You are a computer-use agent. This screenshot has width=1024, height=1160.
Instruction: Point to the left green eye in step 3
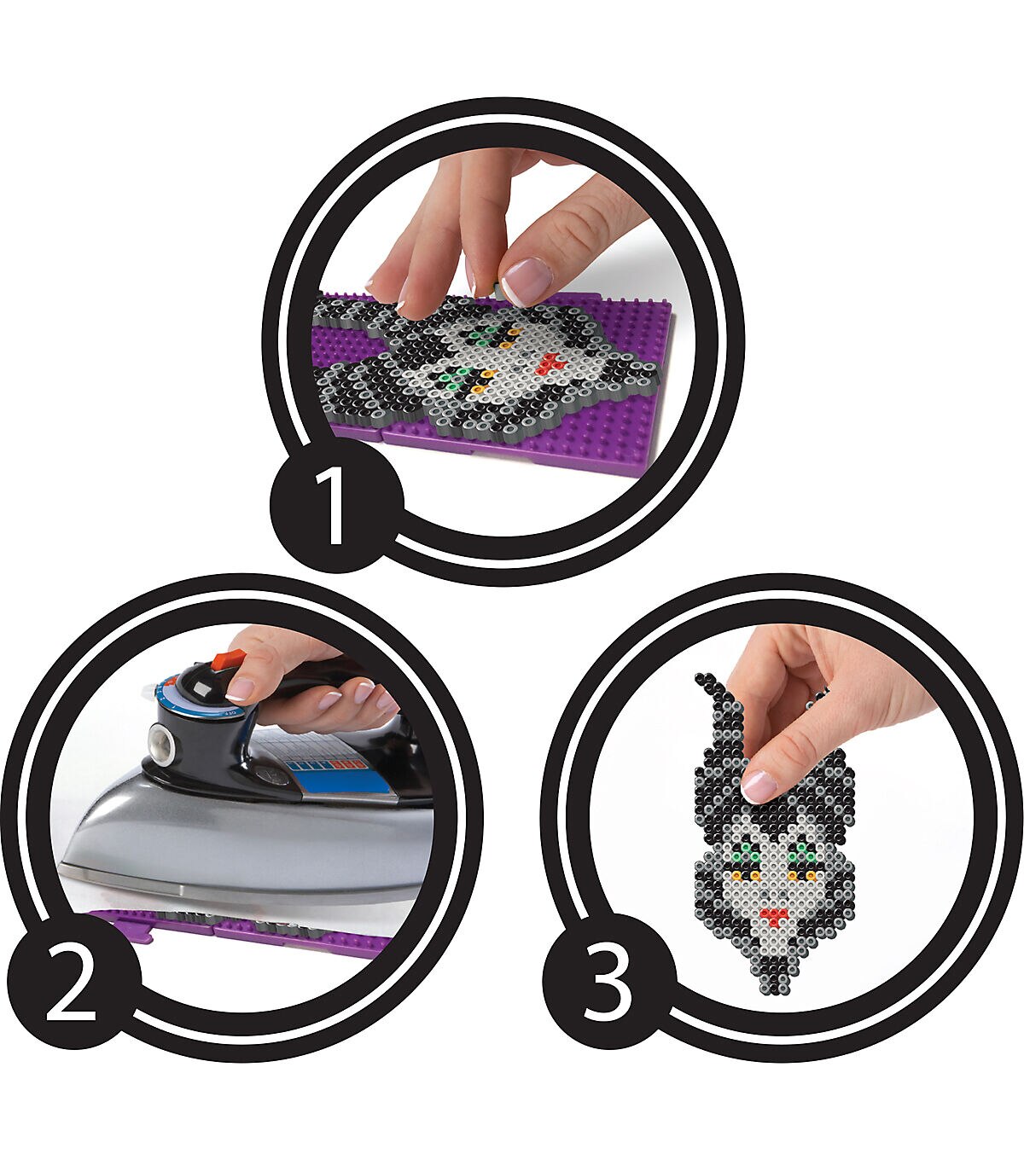click(746, 855)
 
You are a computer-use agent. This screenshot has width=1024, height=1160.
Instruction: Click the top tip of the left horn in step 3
click(701, 679)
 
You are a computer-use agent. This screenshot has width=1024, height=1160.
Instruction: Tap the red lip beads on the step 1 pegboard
click(548, 362)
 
